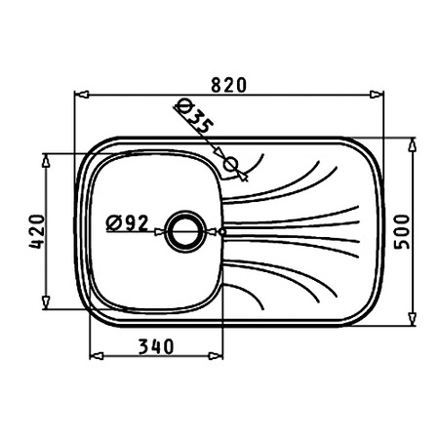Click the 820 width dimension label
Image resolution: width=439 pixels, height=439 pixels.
pos(229,85)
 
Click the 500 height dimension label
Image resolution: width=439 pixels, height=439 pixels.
pos(402,232)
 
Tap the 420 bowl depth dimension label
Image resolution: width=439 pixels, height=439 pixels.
pos(37,231)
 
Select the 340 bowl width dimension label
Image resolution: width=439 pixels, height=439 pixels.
pos(156,346)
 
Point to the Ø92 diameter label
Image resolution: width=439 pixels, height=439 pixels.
pos(127,223)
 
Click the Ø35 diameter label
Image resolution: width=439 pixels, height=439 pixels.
pos(194,116)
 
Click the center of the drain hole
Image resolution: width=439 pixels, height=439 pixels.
pos(185,231)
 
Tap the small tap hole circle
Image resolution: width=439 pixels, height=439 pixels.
pos(231,164)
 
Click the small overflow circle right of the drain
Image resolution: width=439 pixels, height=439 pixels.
pos(222,232)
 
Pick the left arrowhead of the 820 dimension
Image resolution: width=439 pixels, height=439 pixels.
pos(82,95)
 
